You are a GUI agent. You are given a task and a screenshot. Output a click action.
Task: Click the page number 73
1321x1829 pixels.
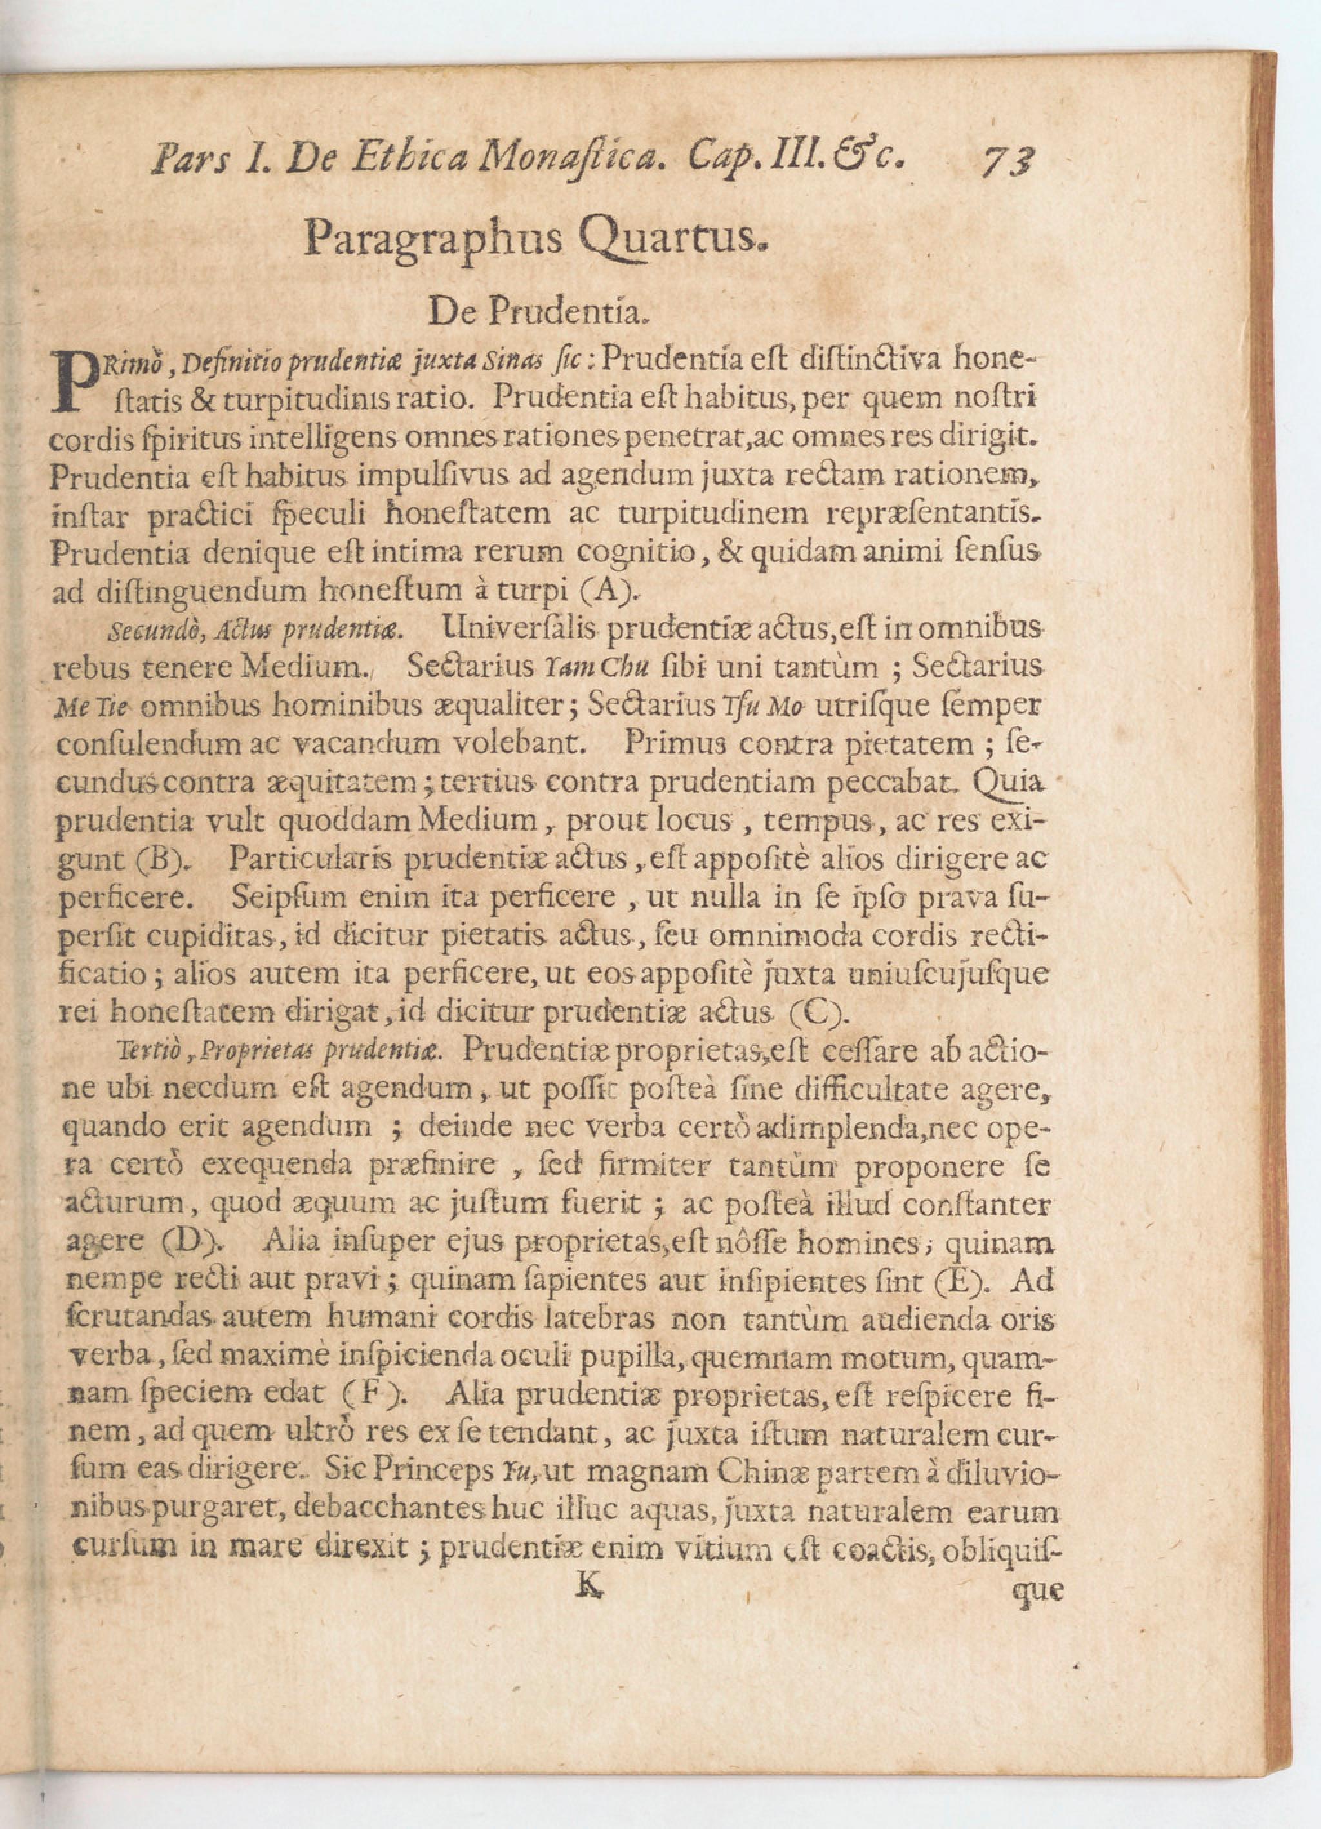pos(1008,161)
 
